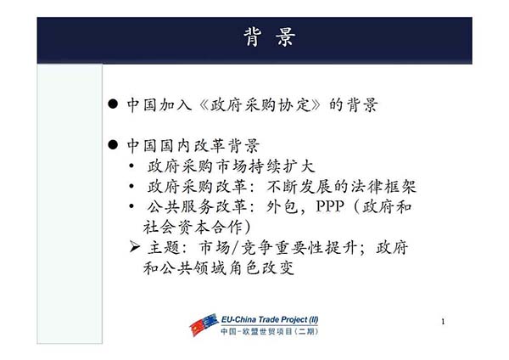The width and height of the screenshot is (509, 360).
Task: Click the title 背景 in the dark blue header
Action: click(x=270, y=37)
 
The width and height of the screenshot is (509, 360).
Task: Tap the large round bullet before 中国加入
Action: click(x=113, y=104)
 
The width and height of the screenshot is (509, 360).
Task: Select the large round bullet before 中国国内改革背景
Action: click(x=113, y=144)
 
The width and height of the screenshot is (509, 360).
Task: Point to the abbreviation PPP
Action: click(x=330, y=206)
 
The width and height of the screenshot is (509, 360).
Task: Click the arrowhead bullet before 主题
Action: click(x=134, y=247)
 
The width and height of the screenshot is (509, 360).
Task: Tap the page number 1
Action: click(x=443, y=322)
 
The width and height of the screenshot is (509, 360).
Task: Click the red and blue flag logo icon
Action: click(x=204, y=324)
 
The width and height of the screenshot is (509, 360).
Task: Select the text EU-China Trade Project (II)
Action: click(x=270, y=320)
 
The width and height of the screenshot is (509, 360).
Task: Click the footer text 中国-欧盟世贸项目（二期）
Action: click(x=270, y=331)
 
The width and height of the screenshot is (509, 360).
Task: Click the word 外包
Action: click(x=282, y=206)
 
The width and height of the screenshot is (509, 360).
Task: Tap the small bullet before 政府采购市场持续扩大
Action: click(x=131, y=166)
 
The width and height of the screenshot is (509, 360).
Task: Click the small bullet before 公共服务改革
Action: click(x=131, y=206)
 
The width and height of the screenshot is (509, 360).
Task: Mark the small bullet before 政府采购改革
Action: click(x=131, y=186)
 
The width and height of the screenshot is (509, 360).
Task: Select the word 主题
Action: click(x=164, y=247)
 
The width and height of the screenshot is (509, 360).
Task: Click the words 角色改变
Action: click(x=261, y=267)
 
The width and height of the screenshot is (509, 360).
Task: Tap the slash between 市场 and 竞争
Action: click(x=235, y=248)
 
